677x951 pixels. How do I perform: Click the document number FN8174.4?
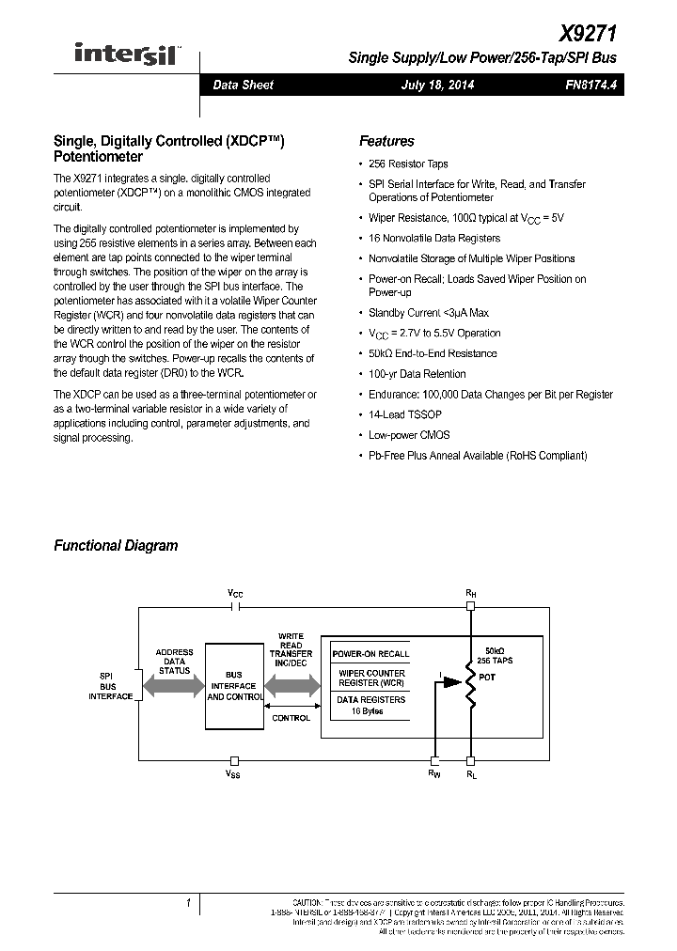(591, 86)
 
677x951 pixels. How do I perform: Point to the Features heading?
(386, 141)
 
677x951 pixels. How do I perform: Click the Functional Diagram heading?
(116, 545)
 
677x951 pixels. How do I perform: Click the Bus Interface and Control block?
(234, 685)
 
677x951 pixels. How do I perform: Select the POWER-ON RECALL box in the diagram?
(370, 653)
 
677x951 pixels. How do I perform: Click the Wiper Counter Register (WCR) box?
(370, 678)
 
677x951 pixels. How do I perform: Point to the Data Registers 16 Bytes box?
(370, 705)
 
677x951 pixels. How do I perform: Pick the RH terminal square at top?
(470, 607)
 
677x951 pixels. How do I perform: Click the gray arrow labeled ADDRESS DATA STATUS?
(174, 685)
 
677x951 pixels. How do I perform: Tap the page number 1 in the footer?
(188, 903)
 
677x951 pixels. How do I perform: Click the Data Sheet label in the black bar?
(243, 86)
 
